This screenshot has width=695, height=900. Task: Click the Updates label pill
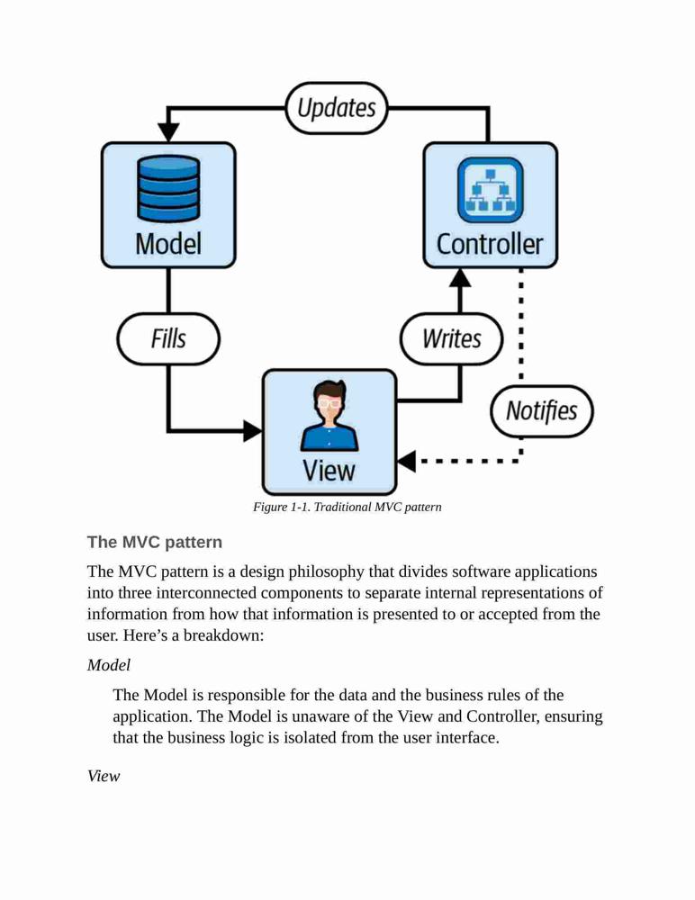tap(337, 108)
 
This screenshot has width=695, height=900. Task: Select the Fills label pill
tap(168, 338)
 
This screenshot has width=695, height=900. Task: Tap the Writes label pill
tap(451, 338)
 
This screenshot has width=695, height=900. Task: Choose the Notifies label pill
tap(542, 411)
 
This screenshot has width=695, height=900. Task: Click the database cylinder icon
tap(168, 188)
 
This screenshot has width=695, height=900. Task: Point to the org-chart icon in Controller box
tap(490, 190)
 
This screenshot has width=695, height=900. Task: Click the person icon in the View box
tap(329, 415)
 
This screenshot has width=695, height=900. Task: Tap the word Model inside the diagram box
tap(168, 243)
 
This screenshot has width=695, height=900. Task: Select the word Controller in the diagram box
tap(490, 244)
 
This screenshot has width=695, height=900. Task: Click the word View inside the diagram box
tap(329, 471)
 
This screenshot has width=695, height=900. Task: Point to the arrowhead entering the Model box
tap(168, 131)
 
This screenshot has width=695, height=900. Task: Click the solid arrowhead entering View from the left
tap(253, 430)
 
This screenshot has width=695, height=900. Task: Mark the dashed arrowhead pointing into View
tap(406, 461)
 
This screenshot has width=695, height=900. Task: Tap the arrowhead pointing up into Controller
tap(460, 278)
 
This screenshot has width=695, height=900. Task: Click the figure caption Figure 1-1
tap(347, 507)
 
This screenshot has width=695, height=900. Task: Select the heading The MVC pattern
tap(155, 542)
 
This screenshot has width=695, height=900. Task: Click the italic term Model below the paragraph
tap(109, 665)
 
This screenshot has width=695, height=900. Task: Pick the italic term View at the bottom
tap(104, 776)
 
